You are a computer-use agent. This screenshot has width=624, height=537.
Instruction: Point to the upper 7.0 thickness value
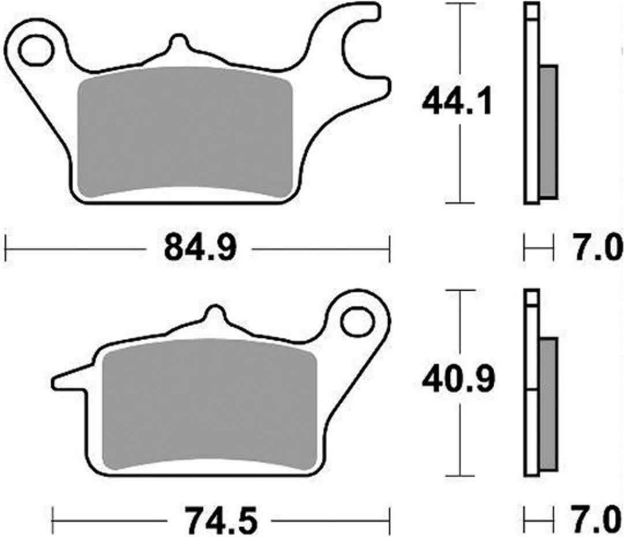tap(597, 249)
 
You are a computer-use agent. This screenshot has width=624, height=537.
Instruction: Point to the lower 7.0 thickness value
tap(597, 522)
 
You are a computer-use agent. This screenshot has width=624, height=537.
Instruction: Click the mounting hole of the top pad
tap(35, 50)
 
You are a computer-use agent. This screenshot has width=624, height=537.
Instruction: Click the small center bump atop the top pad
tap(177, 44)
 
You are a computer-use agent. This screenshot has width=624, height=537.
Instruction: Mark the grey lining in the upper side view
tap(548, 131)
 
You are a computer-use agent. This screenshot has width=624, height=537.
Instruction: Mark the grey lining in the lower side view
tap(548, 404)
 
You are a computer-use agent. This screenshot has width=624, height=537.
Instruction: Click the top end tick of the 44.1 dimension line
tap(458, 4)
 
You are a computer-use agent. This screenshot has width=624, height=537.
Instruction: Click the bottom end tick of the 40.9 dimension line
tap(458, 476)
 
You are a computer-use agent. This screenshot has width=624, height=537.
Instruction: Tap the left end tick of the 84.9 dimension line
tap(5, 249)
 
